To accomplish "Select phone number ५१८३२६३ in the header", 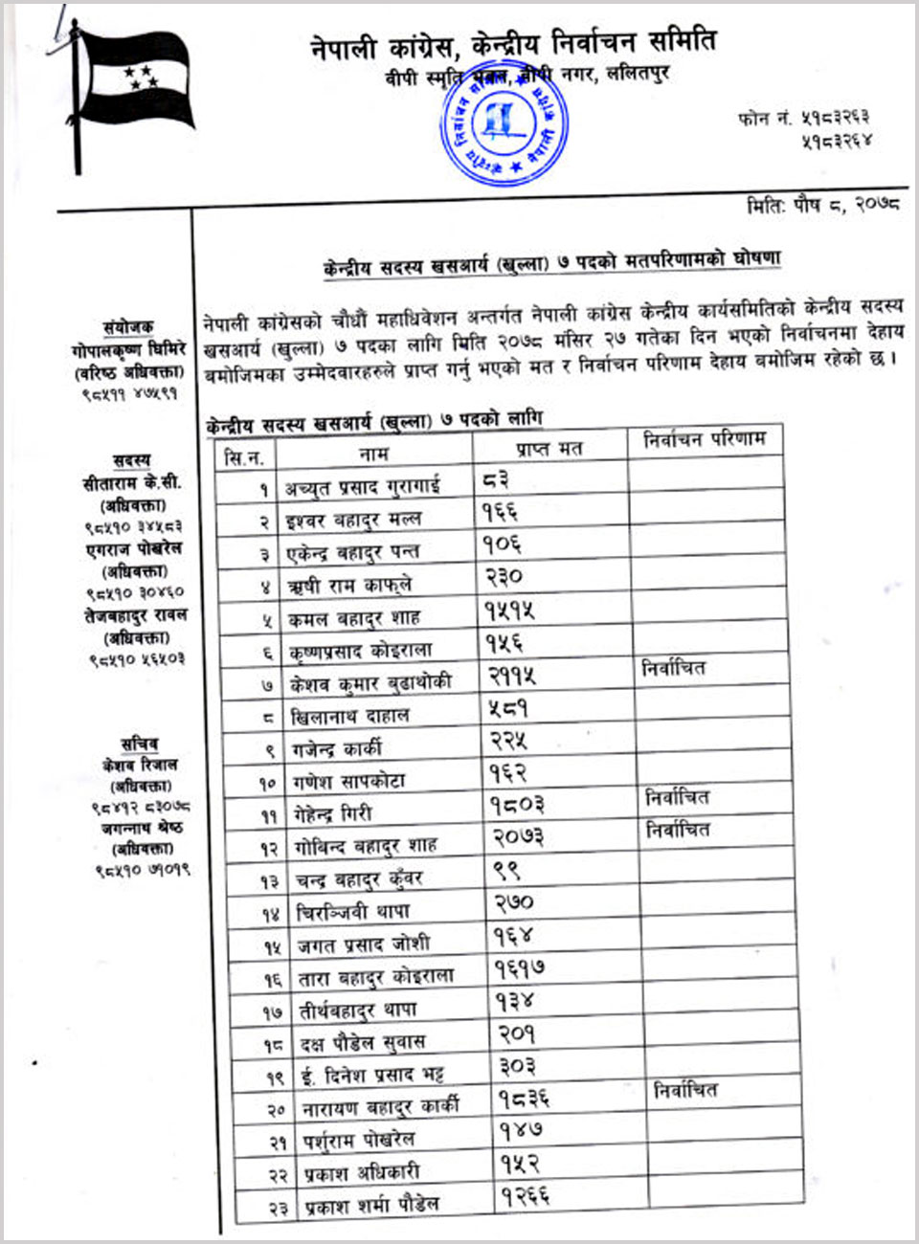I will [x=822, y=118].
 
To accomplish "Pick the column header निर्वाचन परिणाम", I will [x=704, y=439].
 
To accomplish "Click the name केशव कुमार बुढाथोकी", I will [x=370, y=683].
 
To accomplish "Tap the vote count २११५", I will [x=512, y=676].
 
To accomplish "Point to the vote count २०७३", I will [x=518, y=837].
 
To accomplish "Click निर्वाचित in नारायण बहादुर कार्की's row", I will [x=685, y=1090].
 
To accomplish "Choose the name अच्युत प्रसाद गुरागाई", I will [x=362, y=487].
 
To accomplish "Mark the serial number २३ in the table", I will [x=277, y=1209].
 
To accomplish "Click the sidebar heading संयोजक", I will [x=128, y=326].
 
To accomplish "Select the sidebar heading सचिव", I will [x=140, y=744].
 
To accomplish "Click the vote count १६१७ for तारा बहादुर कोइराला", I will [x=520, y=969].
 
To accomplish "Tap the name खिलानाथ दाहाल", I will [x=349, y=716].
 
